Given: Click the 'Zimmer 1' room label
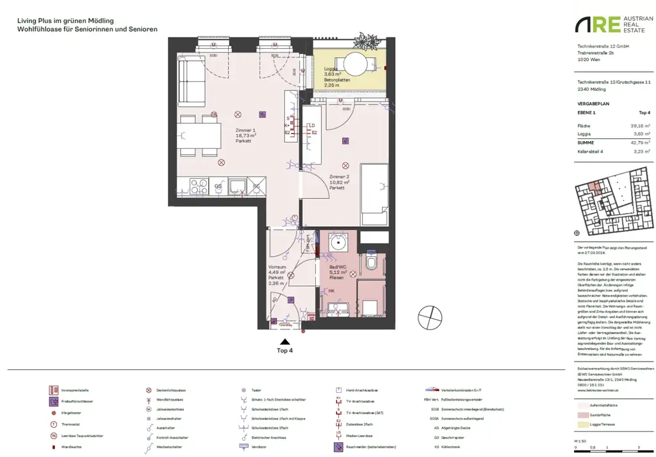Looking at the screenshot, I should [x=245, y=129].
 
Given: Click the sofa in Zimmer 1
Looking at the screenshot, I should [x=190, y=79].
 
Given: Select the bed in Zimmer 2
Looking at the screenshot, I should [x=373, y=187].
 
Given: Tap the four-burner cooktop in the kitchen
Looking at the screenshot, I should [x=195, y=186].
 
